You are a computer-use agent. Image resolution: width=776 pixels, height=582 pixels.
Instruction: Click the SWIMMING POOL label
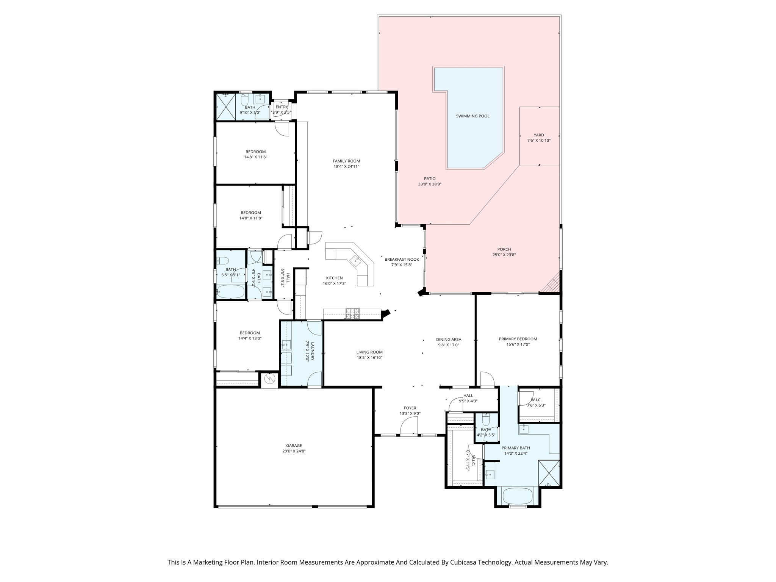tap(472, 116)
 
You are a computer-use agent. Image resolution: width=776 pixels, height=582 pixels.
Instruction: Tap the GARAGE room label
tap(294, 446)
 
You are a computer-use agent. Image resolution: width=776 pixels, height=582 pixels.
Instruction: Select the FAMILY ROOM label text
tap(346, 161)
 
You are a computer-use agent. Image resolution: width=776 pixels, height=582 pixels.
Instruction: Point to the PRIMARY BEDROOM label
tap(518, 339)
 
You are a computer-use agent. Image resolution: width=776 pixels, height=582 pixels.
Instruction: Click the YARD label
tap(539, 135)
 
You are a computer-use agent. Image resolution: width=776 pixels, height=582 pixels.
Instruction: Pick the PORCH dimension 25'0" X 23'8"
tap(504, 255)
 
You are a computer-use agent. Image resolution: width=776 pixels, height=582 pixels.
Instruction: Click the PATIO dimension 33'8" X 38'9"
tap(430, 185)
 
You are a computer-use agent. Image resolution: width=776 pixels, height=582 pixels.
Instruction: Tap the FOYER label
tap(410, 408)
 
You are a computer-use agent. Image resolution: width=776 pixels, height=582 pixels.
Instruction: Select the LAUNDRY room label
tap(313, 351)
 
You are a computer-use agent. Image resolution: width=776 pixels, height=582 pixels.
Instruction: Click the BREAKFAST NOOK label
tap(402, 260)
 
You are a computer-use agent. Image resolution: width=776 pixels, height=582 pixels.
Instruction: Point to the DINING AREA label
tap(449, 339)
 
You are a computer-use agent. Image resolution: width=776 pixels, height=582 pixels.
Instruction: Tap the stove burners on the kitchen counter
tap(352, 313)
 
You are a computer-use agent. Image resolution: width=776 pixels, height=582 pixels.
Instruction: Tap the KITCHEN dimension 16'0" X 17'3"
tap(334, 283)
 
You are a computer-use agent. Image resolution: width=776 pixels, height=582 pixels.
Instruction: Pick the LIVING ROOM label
tap(369, 352)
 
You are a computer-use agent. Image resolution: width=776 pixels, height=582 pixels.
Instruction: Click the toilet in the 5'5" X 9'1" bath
tap(222, 261)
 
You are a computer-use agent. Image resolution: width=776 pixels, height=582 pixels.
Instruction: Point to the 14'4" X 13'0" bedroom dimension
tap(250, 338)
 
